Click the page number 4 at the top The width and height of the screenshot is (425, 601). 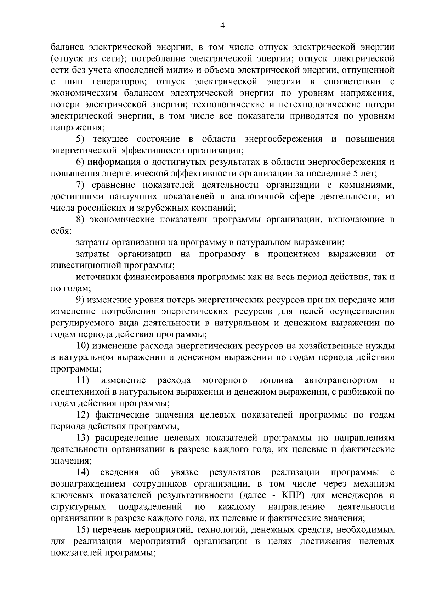[x=222, y=25]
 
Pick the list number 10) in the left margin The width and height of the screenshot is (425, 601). [x=84, y=346]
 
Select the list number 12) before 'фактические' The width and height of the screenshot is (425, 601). [x=84, y=415]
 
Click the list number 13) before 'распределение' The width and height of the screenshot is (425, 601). [x=84, y=438]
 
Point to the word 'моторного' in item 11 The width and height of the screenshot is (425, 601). [x=225, y=380]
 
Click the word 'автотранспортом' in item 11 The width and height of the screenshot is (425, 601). [x=341, y=380]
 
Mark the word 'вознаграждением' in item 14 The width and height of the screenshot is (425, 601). [x=87, y=484]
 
